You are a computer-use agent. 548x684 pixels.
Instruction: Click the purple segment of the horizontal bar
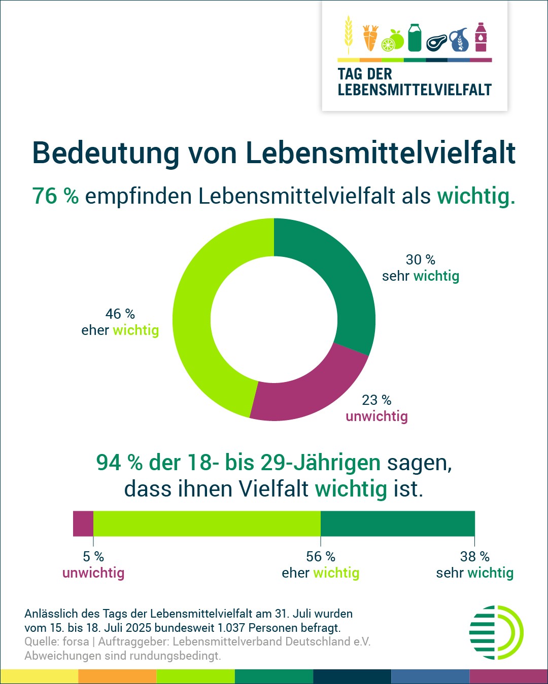pos(83,523)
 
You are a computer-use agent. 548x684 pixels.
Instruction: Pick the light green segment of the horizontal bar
pos(207,523)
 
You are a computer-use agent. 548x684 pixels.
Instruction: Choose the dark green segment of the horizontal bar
pos(398,523)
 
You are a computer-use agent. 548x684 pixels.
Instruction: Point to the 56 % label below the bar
pos(321,557)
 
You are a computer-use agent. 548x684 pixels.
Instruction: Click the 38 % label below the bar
pos(475,557)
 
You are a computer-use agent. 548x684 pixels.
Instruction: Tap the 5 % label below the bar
pos(93,557)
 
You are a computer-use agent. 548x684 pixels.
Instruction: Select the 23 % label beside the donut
pos(376,400)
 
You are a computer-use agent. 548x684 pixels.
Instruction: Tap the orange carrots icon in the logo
pos(370,38)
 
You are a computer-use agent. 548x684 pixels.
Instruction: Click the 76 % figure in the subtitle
pos(55,196)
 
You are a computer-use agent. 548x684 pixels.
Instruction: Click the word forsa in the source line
pos(76,641)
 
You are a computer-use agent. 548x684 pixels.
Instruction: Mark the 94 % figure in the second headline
pos(119,463)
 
